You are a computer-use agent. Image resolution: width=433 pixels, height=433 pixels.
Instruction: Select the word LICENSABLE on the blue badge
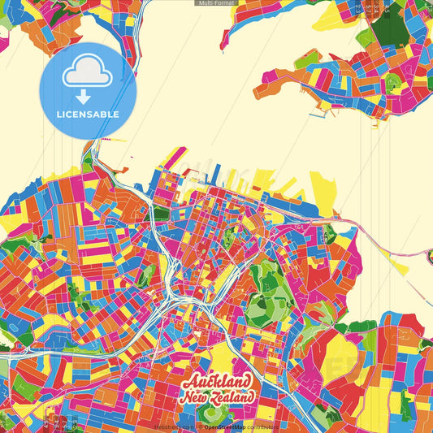coord(87,114)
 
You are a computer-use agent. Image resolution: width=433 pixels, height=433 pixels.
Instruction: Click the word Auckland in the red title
coord(216,382)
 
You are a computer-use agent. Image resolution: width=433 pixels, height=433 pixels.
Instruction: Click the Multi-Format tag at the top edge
coord(216,3)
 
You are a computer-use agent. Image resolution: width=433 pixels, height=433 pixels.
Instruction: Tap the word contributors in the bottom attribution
coord(259,426)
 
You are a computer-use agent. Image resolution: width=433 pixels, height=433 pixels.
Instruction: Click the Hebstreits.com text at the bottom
coord(175,426)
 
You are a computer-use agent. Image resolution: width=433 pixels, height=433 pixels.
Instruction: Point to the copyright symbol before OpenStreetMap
coord(200,426)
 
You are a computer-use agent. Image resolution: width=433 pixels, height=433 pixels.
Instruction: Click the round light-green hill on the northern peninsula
coord(393,82)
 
